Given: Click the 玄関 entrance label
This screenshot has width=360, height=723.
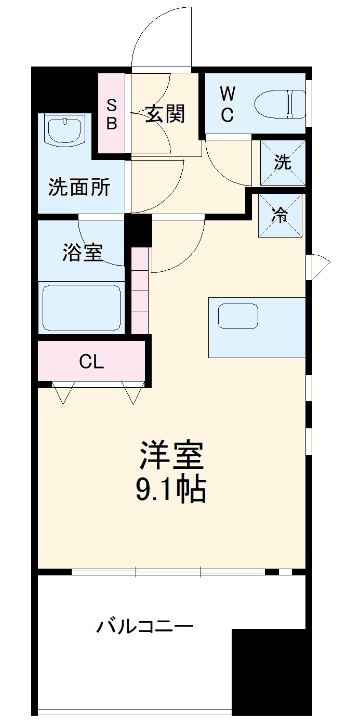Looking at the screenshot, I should (x=165, y=113).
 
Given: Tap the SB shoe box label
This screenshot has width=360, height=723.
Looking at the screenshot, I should (x=112, y=114).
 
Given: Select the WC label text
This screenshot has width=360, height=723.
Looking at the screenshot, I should (x=227, y=104).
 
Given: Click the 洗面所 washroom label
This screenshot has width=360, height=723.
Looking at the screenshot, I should (x=79, y=187).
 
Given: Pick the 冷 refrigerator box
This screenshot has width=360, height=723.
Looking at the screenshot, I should (x=281, y=215).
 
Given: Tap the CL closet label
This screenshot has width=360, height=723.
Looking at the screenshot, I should (x=91, y=362).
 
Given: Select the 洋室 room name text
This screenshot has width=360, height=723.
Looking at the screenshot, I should (x=171, y=456).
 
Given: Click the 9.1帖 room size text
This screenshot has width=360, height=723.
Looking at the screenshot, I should (x=171, y=490).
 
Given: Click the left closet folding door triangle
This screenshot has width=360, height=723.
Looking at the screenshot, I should (x=63, y=393).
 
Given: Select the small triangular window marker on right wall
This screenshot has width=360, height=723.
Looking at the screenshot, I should (x=319, y=267).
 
